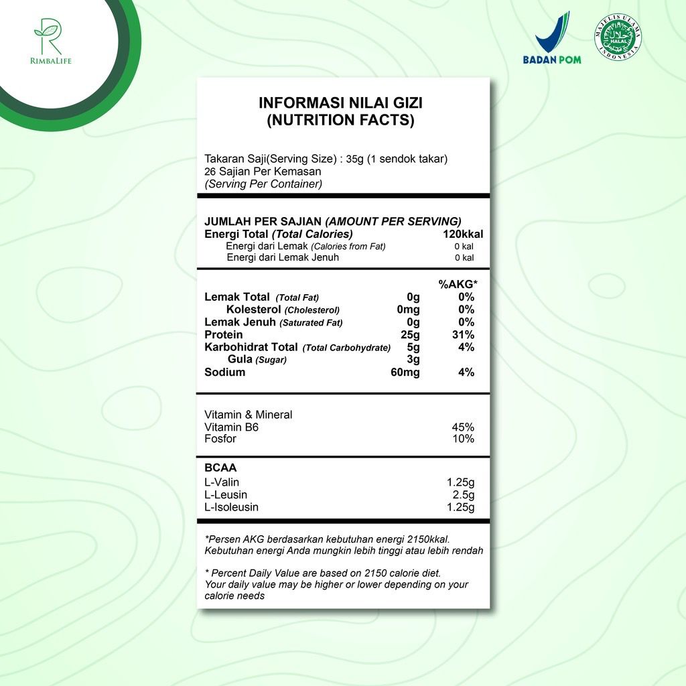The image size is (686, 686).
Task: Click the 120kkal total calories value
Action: pyautogui.click(x=463, y=234)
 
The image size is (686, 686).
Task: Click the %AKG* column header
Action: pyautogui.click(x=458, y=285)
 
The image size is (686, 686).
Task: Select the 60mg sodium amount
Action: pyautogui.click(x=405, y=372)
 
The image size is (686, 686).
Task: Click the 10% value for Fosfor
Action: pyautogui.click(x=464, y=439)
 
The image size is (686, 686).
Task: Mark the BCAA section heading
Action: pyautogui.click(x=220, y=468)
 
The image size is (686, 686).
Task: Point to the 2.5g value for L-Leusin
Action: pyautogui.click(x=464, y=495)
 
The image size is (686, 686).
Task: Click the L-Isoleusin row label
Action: pyautogui.click(x=231, y=508)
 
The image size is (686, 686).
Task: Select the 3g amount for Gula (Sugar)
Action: pyautogui.click(x=413, y=360)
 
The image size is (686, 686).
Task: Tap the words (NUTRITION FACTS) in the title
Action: pyautogui.click(x=340, y=121)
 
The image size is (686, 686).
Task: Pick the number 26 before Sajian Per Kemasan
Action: pyautogui.click(x=210, y=171)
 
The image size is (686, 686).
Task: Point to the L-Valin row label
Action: pyautogui.click(x=222, y=482)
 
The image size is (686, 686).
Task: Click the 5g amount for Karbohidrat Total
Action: pyautogui.click(x=413, y=347)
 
